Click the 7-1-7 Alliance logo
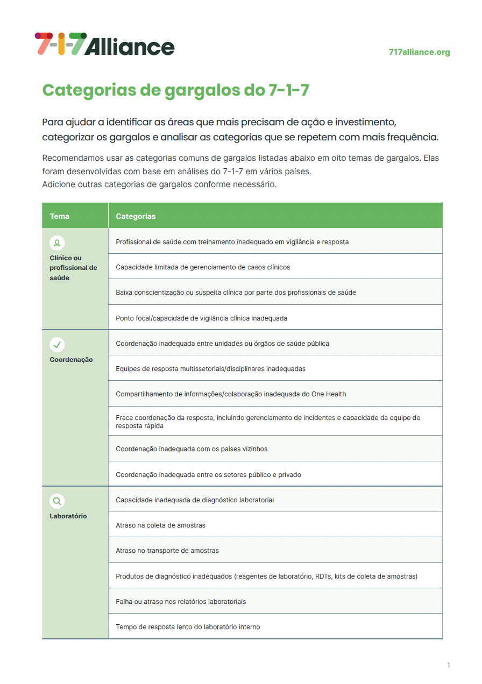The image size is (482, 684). click(104, 44)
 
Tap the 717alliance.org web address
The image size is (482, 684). click(419, 52)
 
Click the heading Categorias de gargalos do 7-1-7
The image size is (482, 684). click(176, 90)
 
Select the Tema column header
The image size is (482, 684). click(60, 216)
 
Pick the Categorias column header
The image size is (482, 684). click(136, 216)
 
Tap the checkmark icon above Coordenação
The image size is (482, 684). click(57, 344)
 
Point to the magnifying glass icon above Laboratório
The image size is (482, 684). click(57, 501)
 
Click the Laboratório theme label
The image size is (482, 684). click(68, 516)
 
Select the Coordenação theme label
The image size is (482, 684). click(71, 360)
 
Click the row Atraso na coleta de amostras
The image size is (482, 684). click(161, 525)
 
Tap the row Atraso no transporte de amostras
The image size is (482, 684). click(167, 551)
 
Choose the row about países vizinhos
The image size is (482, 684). click(192, 449)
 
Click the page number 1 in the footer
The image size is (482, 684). click(449, 665)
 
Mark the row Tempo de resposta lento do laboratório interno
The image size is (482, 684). click(188, 627)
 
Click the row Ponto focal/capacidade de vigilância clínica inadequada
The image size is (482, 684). click(201, 318)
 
